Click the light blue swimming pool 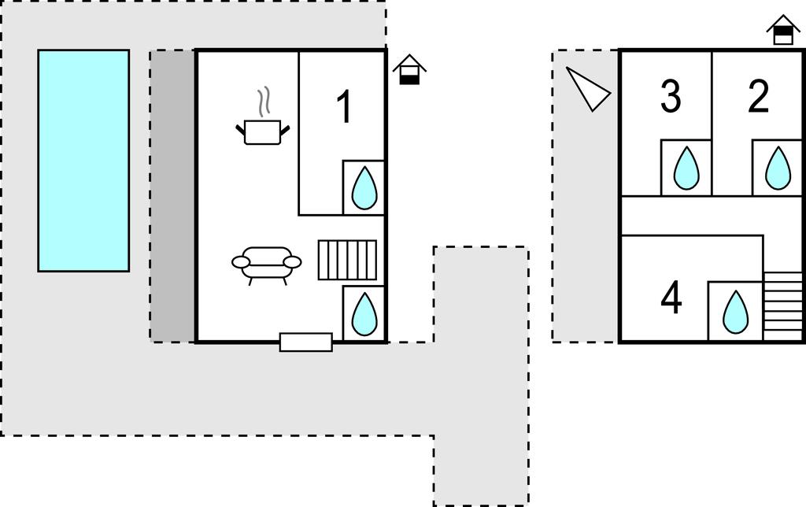point(83,161)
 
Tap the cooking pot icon point(263,132)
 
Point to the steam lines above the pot point(264,102)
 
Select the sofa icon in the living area point(266,265)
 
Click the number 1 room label point(344,106)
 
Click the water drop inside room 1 point(364,187)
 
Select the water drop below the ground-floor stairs point(364,313)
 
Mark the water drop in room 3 point(686,168)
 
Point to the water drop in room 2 point(778,168)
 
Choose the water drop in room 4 point(736,312)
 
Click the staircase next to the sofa point(347,260)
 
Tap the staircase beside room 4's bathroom point(783,306)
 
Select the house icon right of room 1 point(409,69)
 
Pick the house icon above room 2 point(783,30)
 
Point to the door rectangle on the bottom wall point(306,342)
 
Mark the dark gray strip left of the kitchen point(172,196)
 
